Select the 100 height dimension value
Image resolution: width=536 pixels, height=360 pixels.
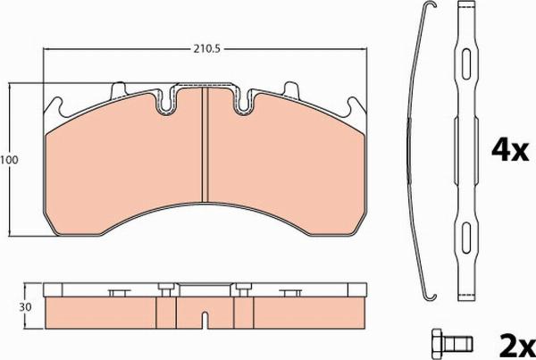[x=9, y=160]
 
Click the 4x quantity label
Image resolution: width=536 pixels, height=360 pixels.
[x=509, y=151]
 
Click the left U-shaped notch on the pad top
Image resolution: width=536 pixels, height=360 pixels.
[x=167, y=103]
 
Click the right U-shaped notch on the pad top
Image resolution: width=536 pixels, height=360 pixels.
[x=245, y=103]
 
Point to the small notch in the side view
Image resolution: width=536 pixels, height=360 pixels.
[x=205, y=316]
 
